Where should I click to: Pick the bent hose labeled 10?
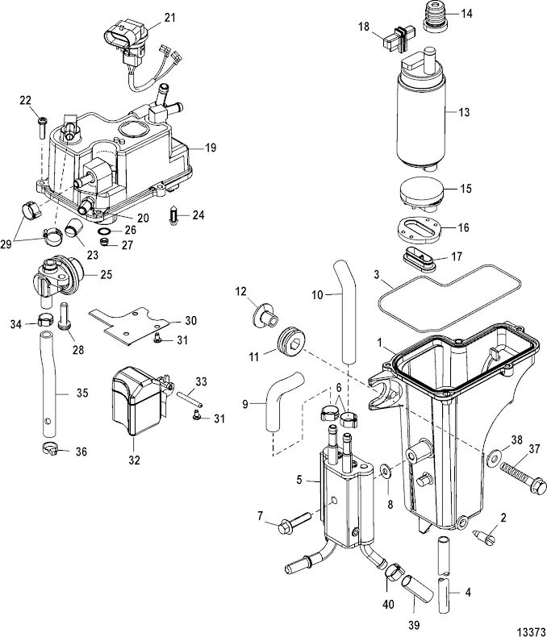tap(350, 310)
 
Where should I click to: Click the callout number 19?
tap(211, 148)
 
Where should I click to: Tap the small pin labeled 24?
tap(174, 216)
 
